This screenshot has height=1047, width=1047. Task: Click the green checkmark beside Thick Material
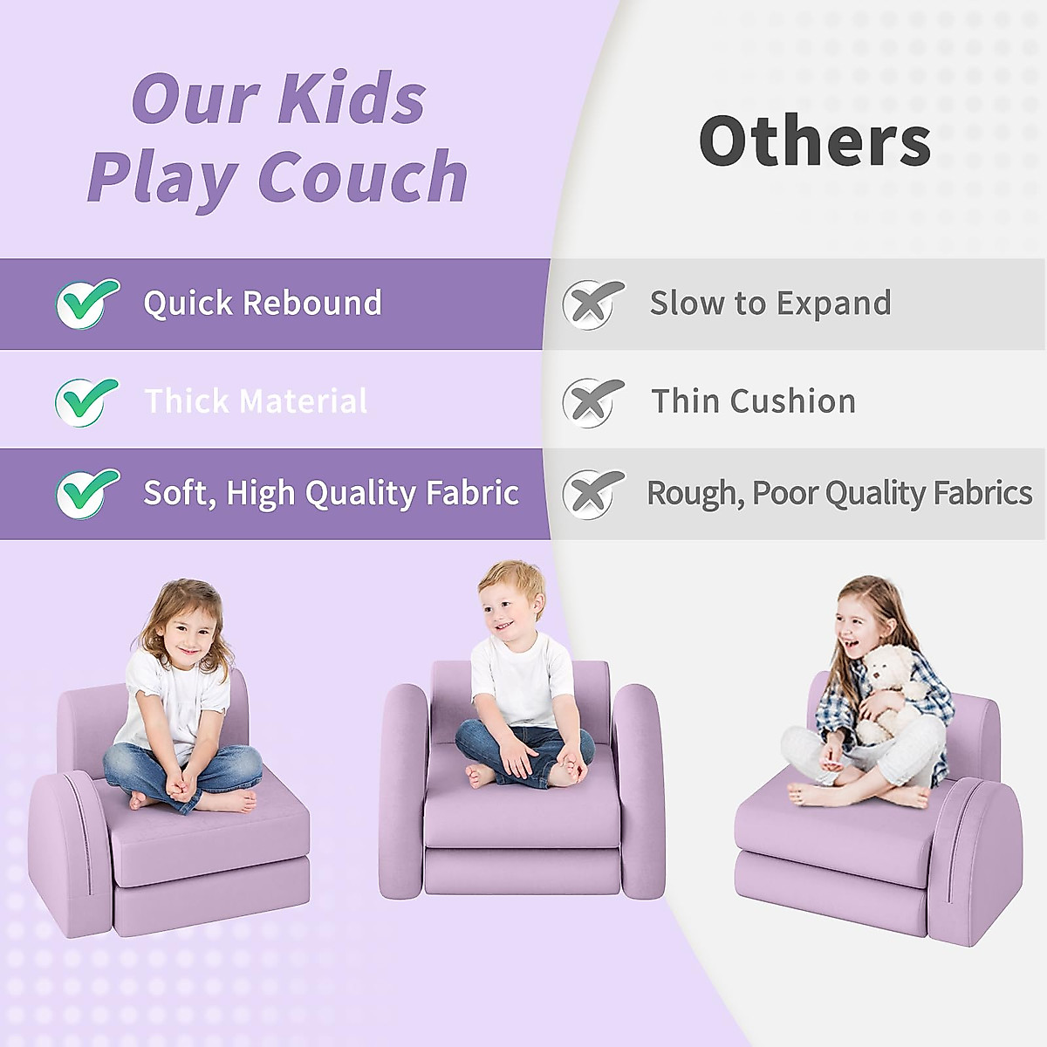[x=86, y=402]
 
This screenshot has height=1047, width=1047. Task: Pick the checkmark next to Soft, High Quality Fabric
[x=87, y=493]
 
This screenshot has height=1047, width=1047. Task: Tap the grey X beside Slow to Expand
[x=592, y=305]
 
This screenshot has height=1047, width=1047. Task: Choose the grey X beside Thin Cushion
[x=592, y=402]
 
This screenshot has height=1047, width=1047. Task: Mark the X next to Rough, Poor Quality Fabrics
[x=592, y=494]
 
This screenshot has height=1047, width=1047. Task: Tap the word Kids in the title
[x=353, y=98]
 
